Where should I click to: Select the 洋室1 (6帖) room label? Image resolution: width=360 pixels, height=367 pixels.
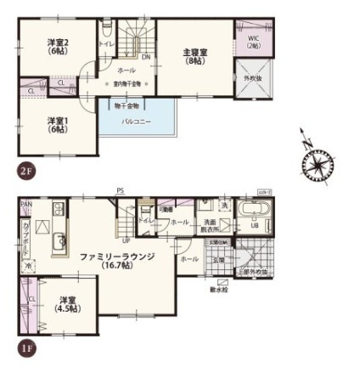(x=57, y=124)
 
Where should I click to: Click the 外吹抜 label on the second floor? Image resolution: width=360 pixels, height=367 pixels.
(x=253, y=79)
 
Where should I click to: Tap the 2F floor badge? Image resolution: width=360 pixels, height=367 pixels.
(x=25, y=169)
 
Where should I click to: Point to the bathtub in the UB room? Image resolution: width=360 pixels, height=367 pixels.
(x=254, y=212)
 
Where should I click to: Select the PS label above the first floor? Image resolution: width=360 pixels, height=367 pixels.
(x=120, y=192)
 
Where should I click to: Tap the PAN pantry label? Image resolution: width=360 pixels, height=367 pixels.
(x=26, y=204)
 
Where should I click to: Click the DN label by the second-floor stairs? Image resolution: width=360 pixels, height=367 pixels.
(x=145, y=58)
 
